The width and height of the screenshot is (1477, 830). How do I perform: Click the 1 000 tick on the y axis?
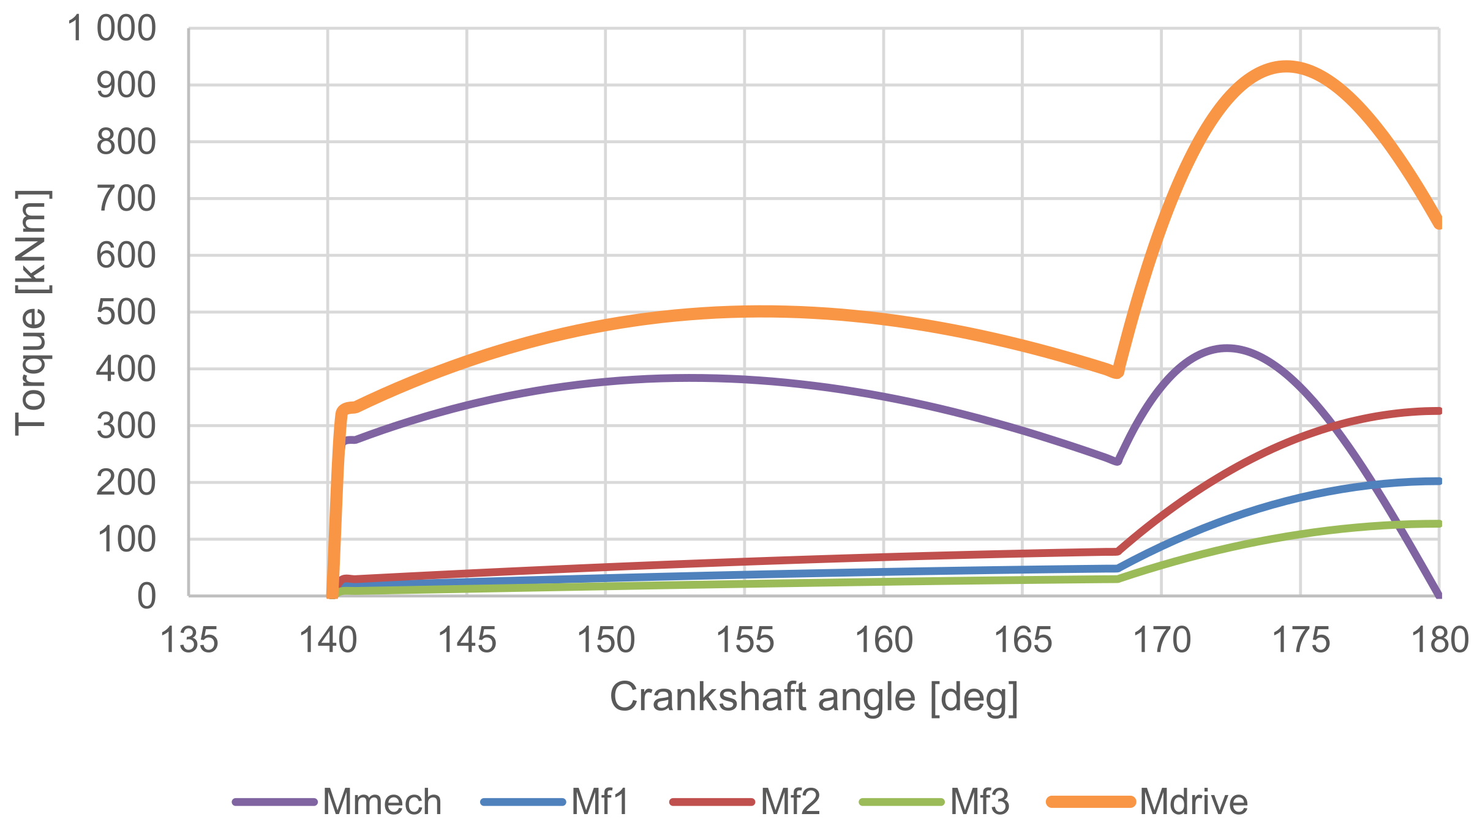pos(111,29)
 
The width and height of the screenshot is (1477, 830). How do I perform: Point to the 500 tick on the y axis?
pos(126,313)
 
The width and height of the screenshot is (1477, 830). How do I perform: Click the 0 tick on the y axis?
pos(146,596)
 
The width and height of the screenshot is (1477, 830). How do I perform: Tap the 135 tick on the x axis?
pos(189,641)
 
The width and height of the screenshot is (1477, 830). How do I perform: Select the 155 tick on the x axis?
pos(745,641)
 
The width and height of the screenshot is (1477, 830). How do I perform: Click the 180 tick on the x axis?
pos(1440,641)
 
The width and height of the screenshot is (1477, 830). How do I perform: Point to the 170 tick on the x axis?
pos(1162,641)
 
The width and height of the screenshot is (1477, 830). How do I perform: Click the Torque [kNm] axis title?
pos(31,313)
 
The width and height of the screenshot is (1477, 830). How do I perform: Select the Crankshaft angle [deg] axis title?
pos(814,697)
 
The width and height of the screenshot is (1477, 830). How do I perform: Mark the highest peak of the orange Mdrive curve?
pos(1286,67)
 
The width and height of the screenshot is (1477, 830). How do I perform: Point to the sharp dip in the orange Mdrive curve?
pos(1117,372)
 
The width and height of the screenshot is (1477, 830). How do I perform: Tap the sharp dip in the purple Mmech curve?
pos(1117,461)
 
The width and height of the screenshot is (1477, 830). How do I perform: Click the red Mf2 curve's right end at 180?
pos(1438,411)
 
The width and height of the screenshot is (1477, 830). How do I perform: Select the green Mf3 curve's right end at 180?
pos(1438,523)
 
